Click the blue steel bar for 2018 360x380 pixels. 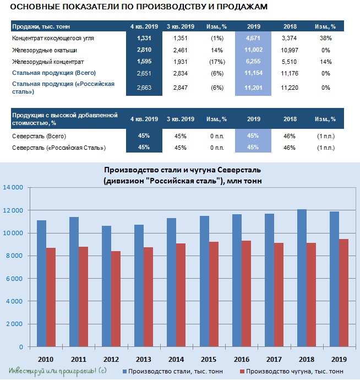coord(302,278)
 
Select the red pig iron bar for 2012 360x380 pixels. coord(116,299)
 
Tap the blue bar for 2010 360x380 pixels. coord(41,284)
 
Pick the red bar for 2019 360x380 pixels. coord(343,293)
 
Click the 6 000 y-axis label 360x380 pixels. coord(14,279)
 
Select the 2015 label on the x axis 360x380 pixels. coord(209,359)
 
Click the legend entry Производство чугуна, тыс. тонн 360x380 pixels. coord(291,371)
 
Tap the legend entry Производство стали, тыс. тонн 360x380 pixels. coord(173,371)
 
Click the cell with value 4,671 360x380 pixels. coord(253,38)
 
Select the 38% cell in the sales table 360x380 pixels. coord(326,38)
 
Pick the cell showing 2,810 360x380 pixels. coord(144,50)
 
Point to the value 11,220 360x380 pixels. coord(290,88)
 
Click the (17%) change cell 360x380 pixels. coord(217,62)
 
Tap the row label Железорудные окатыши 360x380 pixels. coord(45,50)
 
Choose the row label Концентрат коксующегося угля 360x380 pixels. coord(53,38)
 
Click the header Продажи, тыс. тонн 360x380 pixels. coord(41,26)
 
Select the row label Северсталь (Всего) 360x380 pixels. coord(39,136)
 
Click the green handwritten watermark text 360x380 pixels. coord(58,371)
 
